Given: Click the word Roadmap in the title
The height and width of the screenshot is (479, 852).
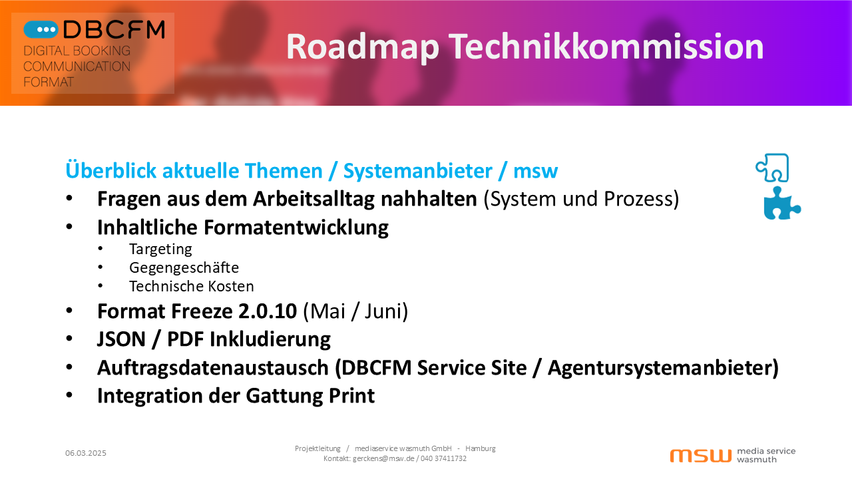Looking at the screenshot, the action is [363, 47].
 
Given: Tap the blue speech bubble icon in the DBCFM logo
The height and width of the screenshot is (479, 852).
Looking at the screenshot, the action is [41, 30].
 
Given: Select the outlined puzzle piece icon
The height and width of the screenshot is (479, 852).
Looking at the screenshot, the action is [773, 168].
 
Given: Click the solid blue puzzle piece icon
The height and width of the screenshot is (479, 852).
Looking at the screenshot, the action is [782, 204].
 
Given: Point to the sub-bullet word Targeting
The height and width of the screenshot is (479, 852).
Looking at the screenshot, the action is [160, 249].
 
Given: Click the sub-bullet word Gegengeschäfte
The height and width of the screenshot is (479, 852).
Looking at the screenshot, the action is [184, 267].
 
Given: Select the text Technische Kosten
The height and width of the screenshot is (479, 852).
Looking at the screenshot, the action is [191, 286].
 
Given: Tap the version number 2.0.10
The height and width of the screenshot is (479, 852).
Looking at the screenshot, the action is [268, 311].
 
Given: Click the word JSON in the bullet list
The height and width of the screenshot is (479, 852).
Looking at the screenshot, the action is [121, 339].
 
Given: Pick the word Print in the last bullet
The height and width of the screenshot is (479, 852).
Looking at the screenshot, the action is [352, 396].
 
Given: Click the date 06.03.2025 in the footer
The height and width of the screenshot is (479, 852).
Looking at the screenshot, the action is [86, 453].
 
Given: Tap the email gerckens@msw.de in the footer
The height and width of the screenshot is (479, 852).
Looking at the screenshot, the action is [383, 458].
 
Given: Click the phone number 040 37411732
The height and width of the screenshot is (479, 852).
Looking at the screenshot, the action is [443, 458].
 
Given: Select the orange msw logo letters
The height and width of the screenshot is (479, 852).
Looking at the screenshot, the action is [701, 456].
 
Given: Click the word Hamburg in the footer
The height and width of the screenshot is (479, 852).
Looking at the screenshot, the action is [481, 448].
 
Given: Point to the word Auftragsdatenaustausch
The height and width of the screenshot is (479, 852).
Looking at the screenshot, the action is [212, 368].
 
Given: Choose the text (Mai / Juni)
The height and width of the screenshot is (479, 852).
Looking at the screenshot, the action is [355, 311].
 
